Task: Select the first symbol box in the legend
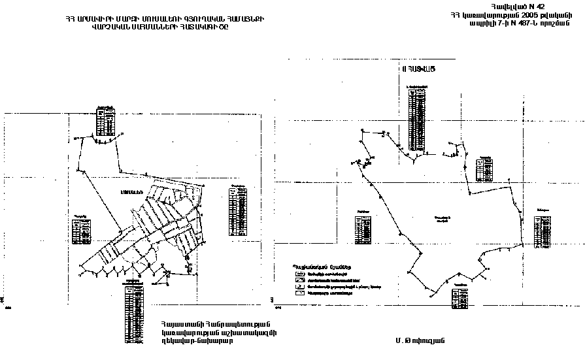click(x=299, y=274)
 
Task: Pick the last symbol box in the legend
click(x=299, y=293)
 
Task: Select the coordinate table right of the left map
click(x=239, y=210)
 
